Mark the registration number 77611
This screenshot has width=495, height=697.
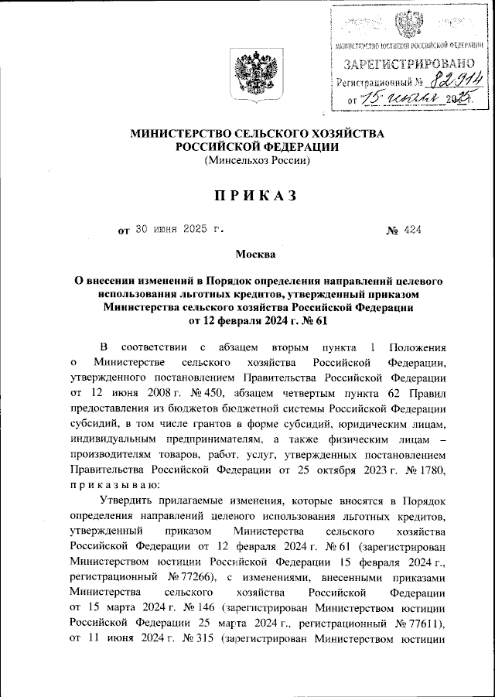(422, 634)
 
